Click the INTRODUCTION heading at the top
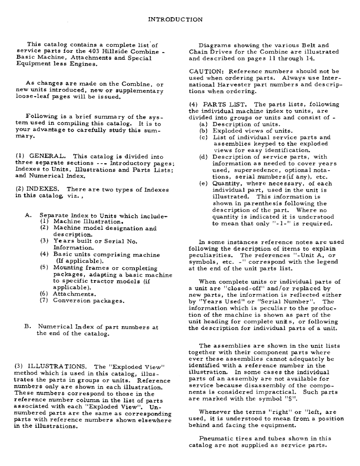(175, 20)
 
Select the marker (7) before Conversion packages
(44, 301)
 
